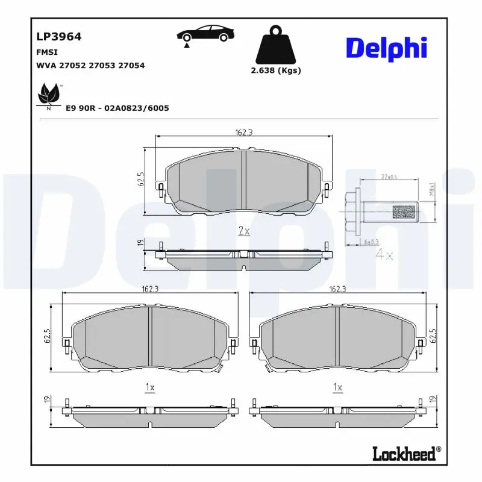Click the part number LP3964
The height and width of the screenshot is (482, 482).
coord(59,36)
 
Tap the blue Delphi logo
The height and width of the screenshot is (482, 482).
coord(386,48)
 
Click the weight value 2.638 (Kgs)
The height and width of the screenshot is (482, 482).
coord(275,70)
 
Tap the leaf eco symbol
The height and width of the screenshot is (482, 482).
coord(48,96)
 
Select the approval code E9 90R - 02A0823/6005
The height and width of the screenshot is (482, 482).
coord(117,108)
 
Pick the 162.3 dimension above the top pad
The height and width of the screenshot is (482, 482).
coord(243,133)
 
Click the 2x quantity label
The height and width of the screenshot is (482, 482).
coord(244,231)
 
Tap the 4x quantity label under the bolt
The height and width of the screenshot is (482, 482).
coord(384,255)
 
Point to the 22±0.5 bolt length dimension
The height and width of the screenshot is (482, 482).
coord(389,177)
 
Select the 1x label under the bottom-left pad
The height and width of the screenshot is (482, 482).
coord(150,387)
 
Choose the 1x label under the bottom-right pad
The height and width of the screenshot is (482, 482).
coord(337,387)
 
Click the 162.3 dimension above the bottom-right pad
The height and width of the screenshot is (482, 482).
coord(337,289)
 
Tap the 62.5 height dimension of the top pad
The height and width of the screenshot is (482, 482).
coord(140,181)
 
